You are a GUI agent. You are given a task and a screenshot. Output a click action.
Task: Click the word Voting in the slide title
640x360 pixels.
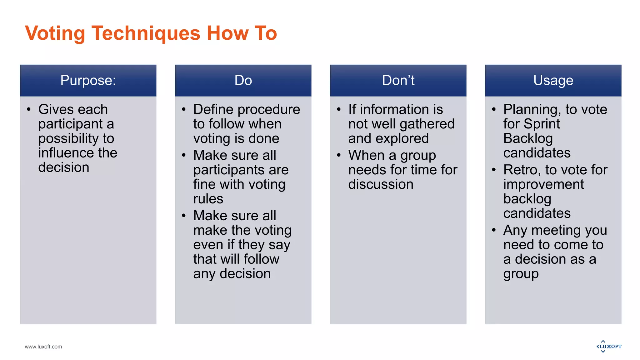click(55, 33)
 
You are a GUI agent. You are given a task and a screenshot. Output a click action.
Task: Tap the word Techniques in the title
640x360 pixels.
click(146, 33)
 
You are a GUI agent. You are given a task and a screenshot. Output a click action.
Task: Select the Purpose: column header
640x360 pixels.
click(88, 81)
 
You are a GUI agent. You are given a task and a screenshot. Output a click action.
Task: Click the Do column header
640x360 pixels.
click(243, 81)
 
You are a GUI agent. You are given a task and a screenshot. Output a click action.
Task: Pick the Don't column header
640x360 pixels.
click(398, 81)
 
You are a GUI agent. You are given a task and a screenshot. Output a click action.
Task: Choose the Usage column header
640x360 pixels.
click(553, 81)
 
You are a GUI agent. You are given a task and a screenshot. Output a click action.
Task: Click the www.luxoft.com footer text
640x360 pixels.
click(43, 347)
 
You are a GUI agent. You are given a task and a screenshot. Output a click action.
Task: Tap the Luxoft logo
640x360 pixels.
click(609, 346)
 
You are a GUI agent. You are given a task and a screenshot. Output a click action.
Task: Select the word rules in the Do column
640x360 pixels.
click(208, 199)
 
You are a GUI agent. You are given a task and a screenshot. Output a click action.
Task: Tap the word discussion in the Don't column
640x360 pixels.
click(381, 184)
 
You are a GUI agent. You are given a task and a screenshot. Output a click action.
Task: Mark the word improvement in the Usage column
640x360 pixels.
click(543, 184)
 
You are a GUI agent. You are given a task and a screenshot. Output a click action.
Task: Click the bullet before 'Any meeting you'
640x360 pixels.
click(494, 230)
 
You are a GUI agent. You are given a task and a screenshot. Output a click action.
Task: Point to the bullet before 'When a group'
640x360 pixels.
click(339, 155)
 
